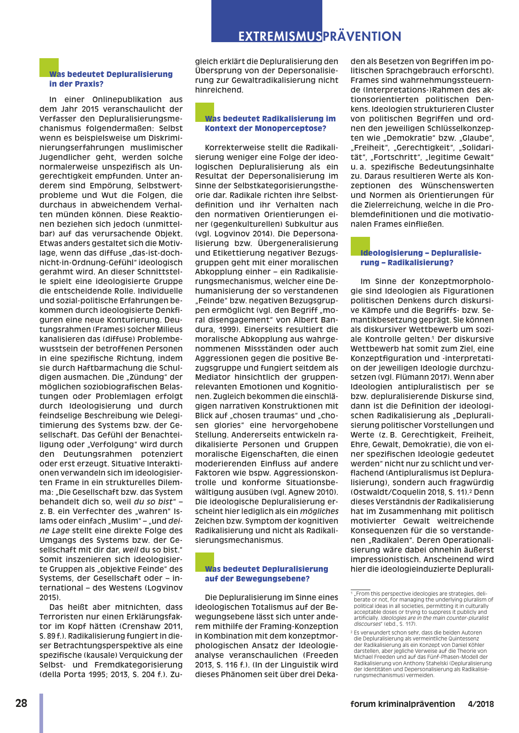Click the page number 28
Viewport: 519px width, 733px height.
[x=22, y=703]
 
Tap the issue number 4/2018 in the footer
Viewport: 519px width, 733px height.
[x=481, y=704]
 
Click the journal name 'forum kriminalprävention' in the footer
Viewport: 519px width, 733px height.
[x=403, y=704]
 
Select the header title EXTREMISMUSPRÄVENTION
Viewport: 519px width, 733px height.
[x=320, y=36]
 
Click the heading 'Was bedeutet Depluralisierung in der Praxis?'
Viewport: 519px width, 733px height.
[x=110, y=79]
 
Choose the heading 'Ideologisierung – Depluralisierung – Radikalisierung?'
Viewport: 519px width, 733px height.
[x=420, y=257]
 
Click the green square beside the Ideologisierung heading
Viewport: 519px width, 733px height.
[x=360, y=246]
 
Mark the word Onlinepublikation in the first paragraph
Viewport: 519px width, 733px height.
[x=124, y=99]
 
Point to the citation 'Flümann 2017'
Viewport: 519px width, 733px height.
[x=441, y=377]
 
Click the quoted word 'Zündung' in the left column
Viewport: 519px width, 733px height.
[x=148, y=377]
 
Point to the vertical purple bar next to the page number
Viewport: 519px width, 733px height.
[x=41, y=712]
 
